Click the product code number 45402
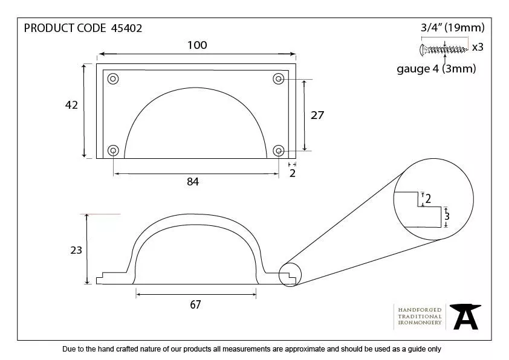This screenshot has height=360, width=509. click(x=127, y=28)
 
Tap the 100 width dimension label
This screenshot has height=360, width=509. click(x=197, y=45)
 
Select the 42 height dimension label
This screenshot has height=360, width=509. click(x=71, y=105)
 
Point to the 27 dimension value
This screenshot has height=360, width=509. click(x=317, y=115)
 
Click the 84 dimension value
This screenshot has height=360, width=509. click(x=193, y=181)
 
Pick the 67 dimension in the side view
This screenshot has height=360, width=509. click(x=195, y=304)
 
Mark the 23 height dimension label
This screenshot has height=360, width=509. click(x=76, y=249)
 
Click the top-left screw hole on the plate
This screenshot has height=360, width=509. click(x=113, y=79)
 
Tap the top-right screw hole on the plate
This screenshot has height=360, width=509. click(x=279, y=79)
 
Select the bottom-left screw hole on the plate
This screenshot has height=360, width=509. click(x=113, y=150)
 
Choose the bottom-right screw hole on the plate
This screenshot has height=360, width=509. click(x=279, y=150)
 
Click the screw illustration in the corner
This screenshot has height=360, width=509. click(x=444, y=48)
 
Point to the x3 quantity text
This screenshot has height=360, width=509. click(x=478, y=47)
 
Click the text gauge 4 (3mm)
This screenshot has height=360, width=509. click(x=436, y=69)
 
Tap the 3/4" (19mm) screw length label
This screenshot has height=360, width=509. click(x=452, y=28)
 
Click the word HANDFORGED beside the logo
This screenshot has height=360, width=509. click(x=420, y=309)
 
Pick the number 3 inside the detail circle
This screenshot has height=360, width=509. click(x=447, y=216)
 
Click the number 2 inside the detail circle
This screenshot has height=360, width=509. click(x=428, y=199)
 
